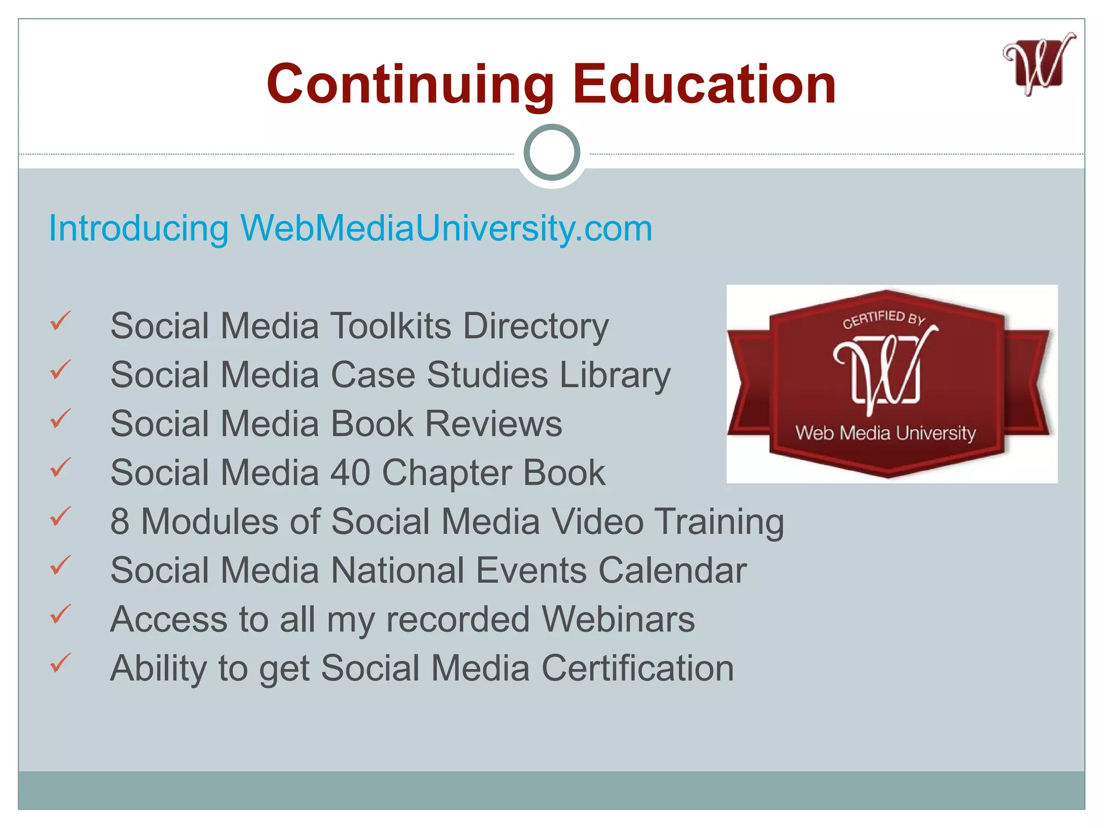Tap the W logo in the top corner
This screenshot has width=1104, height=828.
coord(1039,65)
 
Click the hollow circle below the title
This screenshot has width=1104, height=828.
coord(551,153)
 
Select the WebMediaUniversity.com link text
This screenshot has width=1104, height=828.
coord(446,228)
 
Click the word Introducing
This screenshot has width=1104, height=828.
coord(139,229)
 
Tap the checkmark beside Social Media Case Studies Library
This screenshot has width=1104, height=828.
coord(60,370)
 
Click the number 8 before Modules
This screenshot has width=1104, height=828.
coord(120,522)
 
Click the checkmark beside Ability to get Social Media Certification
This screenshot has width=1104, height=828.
coord(60,663)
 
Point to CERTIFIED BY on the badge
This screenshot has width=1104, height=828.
coord(884,319)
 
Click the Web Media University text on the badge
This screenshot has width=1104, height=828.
coord(886,433)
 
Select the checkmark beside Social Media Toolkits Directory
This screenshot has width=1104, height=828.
coord(60,321)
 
